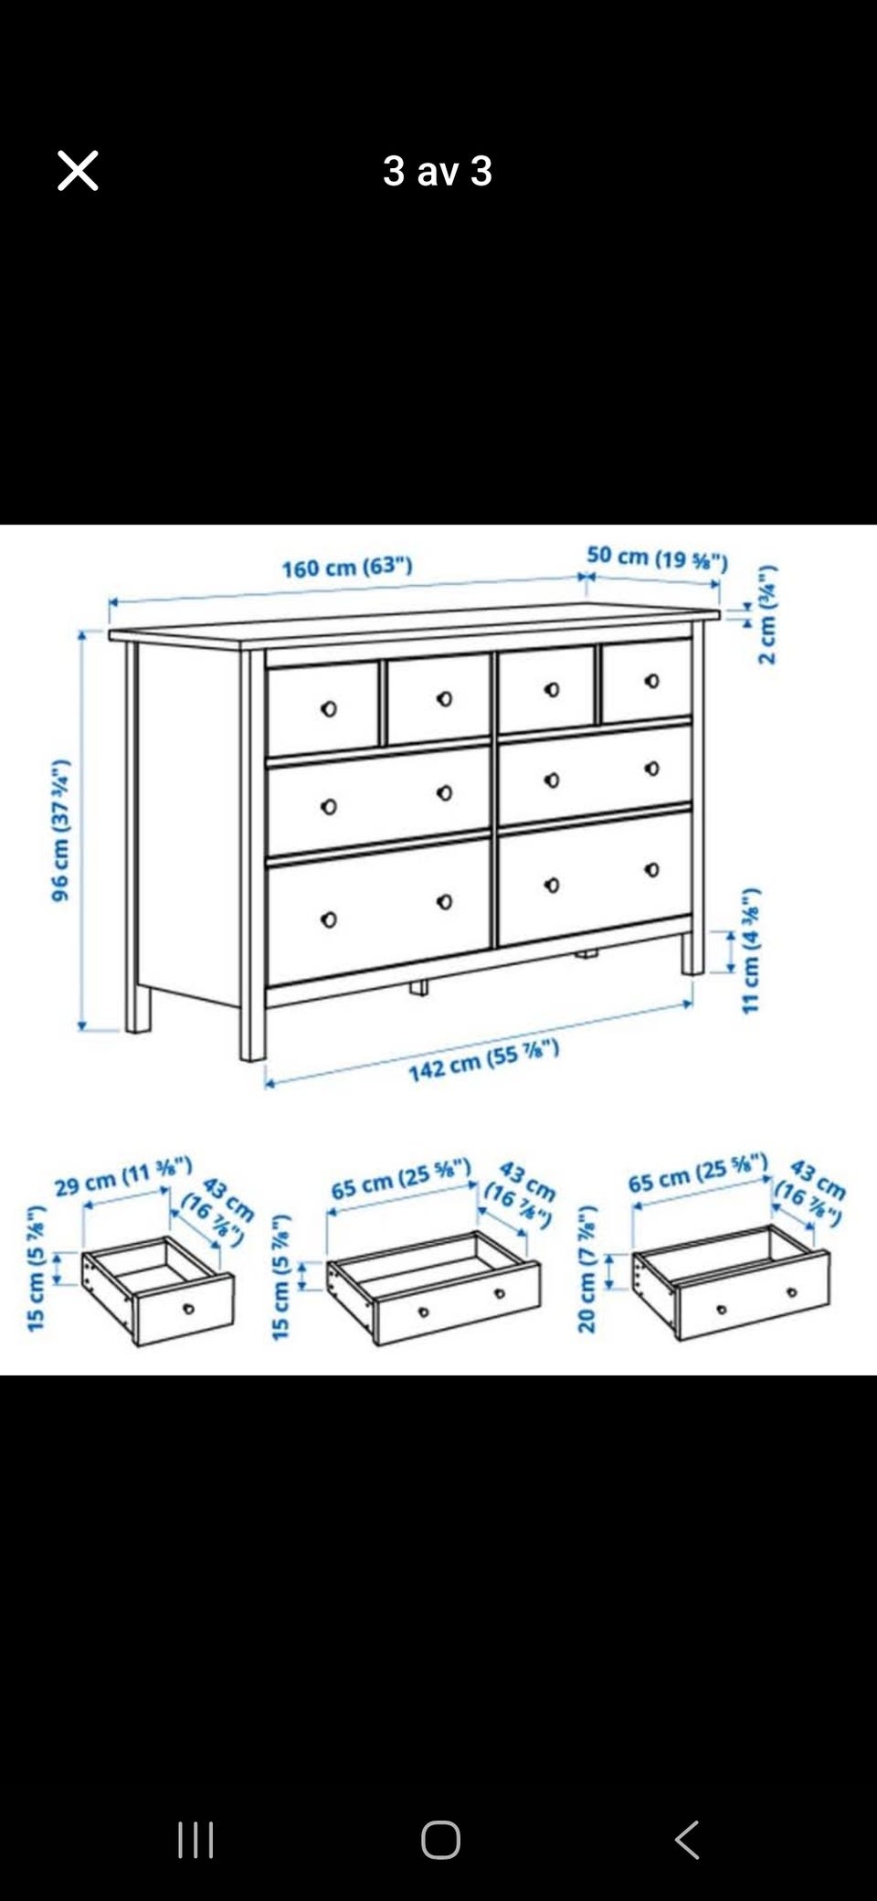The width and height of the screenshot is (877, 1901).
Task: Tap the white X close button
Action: (78, 171)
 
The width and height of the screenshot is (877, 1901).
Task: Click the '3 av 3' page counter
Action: (438, 171)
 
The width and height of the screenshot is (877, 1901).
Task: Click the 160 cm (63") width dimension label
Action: (347, 568)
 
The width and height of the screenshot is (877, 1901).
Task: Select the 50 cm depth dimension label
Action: (657, 558)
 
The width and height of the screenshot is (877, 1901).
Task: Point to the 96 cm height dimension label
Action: (60, 830)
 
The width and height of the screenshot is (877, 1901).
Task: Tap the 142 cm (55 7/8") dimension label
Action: (483, 1061)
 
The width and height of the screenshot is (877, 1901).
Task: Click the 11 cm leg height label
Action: (750, 950)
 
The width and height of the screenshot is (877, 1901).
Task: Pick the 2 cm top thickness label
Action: (767, 615)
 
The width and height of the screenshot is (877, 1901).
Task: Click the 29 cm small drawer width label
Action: (123, 1176)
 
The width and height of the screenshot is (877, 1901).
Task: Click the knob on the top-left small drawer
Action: (329, 708)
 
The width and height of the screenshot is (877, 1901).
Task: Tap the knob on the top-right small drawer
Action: (651, 681)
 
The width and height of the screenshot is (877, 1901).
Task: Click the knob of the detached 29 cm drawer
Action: (188, 1309)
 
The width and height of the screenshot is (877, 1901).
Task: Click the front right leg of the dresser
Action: (692, 952)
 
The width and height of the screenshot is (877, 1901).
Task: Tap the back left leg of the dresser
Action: (138, 1008)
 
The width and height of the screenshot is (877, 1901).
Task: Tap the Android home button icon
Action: (440, 1840)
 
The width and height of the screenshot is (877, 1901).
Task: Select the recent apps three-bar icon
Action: (195, 1840)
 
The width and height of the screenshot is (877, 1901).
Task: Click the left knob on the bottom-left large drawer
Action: (329, 919)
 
